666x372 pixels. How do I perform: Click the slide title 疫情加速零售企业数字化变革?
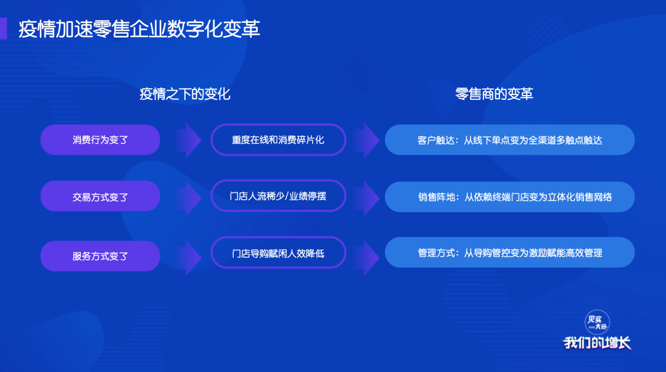pos(139,29)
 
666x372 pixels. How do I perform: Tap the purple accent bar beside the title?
pos(4,28)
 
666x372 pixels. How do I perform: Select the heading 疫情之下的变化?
pos(185,94)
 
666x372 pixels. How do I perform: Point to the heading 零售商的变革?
pos(494,94)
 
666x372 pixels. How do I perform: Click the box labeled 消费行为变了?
pos(101,140)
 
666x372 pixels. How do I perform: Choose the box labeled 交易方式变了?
pos(101,196)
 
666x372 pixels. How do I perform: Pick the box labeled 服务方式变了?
pos(101,256)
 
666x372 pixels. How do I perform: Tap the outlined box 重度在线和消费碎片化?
pos(278,140)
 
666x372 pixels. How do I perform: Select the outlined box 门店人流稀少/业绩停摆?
pos(278,196)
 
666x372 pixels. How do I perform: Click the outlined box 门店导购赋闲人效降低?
pos(278,253)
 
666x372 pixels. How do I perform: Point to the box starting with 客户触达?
pos(510,140)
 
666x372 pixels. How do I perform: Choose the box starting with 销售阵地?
pos(510,197)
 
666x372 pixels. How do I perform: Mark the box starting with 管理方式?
pos(510,252)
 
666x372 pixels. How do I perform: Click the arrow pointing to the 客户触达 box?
pos(366,140)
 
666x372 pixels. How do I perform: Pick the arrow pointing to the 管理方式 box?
pos(366,258)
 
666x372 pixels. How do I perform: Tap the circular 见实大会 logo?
pos(597,323)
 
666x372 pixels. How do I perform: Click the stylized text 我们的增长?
pos(597,343)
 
